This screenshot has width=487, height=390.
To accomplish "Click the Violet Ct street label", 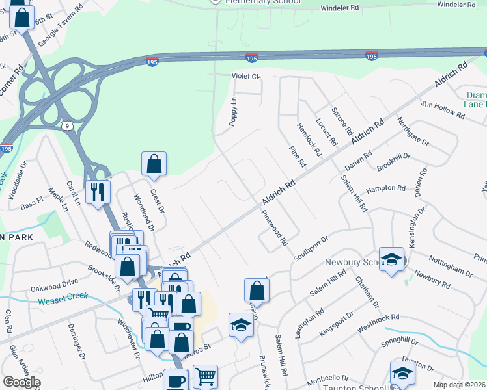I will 246,76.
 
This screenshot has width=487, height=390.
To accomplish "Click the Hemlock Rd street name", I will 309,140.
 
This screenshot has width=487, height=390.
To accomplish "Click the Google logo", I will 21,382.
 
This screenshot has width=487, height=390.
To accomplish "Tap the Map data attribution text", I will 460,385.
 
